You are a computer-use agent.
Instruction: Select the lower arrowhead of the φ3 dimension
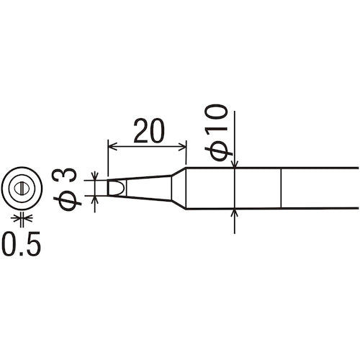click(96, 199)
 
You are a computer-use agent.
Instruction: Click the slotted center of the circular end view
click(22, 189)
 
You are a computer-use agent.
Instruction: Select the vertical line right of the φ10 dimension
click(280, 189)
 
